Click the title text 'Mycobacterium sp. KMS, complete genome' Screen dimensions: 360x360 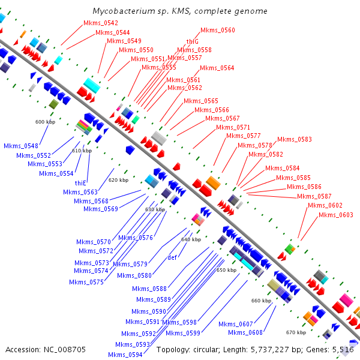click(180, 11)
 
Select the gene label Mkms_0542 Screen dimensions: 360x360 click(100, 23)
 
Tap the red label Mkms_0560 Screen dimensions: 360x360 click(218, 30)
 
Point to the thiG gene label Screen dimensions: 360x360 click(193, 41)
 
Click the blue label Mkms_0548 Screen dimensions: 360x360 click(21, 146)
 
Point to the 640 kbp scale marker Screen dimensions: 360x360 click(191, 239)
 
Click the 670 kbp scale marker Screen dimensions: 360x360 click(296, 332)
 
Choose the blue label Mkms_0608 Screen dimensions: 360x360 click(245, 332)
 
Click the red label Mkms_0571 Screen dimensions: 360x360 click(233, 127)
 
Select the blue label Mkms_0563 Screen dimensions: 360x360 click(80, 192)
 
